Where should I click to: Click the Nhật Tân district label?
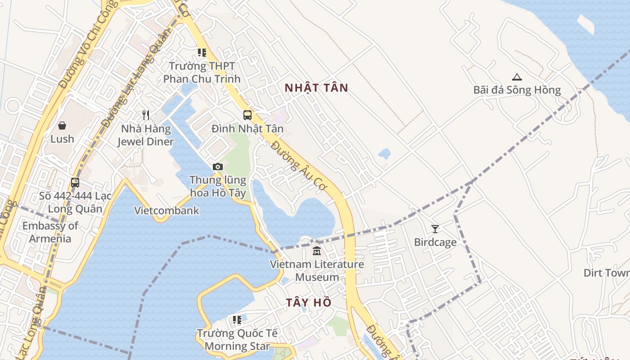pyautogui.click(x=316, y=88)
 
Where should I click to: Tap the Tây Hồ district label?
pyautogui.click(x=309, y=302)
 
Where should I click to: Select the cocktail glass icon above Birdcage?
pyautogui.click(x=435, y=229)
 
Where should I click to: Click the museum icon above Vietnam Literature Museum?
pyautogui.click(x=317, y=251)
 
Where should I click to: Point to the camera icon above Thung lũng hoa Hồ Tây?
pyautogui.click(x=218, y=167)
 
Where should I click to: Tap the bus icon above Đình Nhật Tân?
pyautogui.click(x=247, y=115)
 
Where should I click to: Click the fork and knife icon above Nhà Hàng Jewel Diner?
pyautogui.click(x=145, y=115)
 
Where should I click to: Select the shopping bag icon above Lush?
pyautogui.click(x=62, y=126)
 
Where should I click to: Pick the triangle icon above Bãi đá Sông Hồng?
pyautogui.click(x=517, y=77)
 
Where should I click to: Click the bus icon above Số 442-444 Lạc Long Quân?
pyautogui.click(x=75, y=183)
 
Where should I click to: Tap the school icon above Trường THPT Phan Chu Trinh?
pyautogui.click(x=202, y=53)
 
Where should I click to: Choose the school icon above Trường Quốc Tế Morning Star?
pyautogui.click(x=237, y=320)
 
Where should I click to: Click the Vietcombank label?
pyautogui.click(x=166, y=211)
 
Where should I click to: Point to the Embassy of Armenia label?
pyautogui.click(x=50, y=232)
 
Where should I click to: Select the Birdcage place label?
pyautogui.click(x=435, y=243)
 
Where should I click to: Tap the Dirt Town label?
pyautogui.click(x=607, y=273)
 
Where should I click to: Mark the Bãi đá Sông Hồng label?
pyautogui.click(x=517, y=90)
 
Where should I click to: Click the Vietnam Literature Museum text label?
pyautogui.click(x=317, y=270)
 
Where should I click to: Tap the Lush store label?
pyautogui.click(x=62, y=139)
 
